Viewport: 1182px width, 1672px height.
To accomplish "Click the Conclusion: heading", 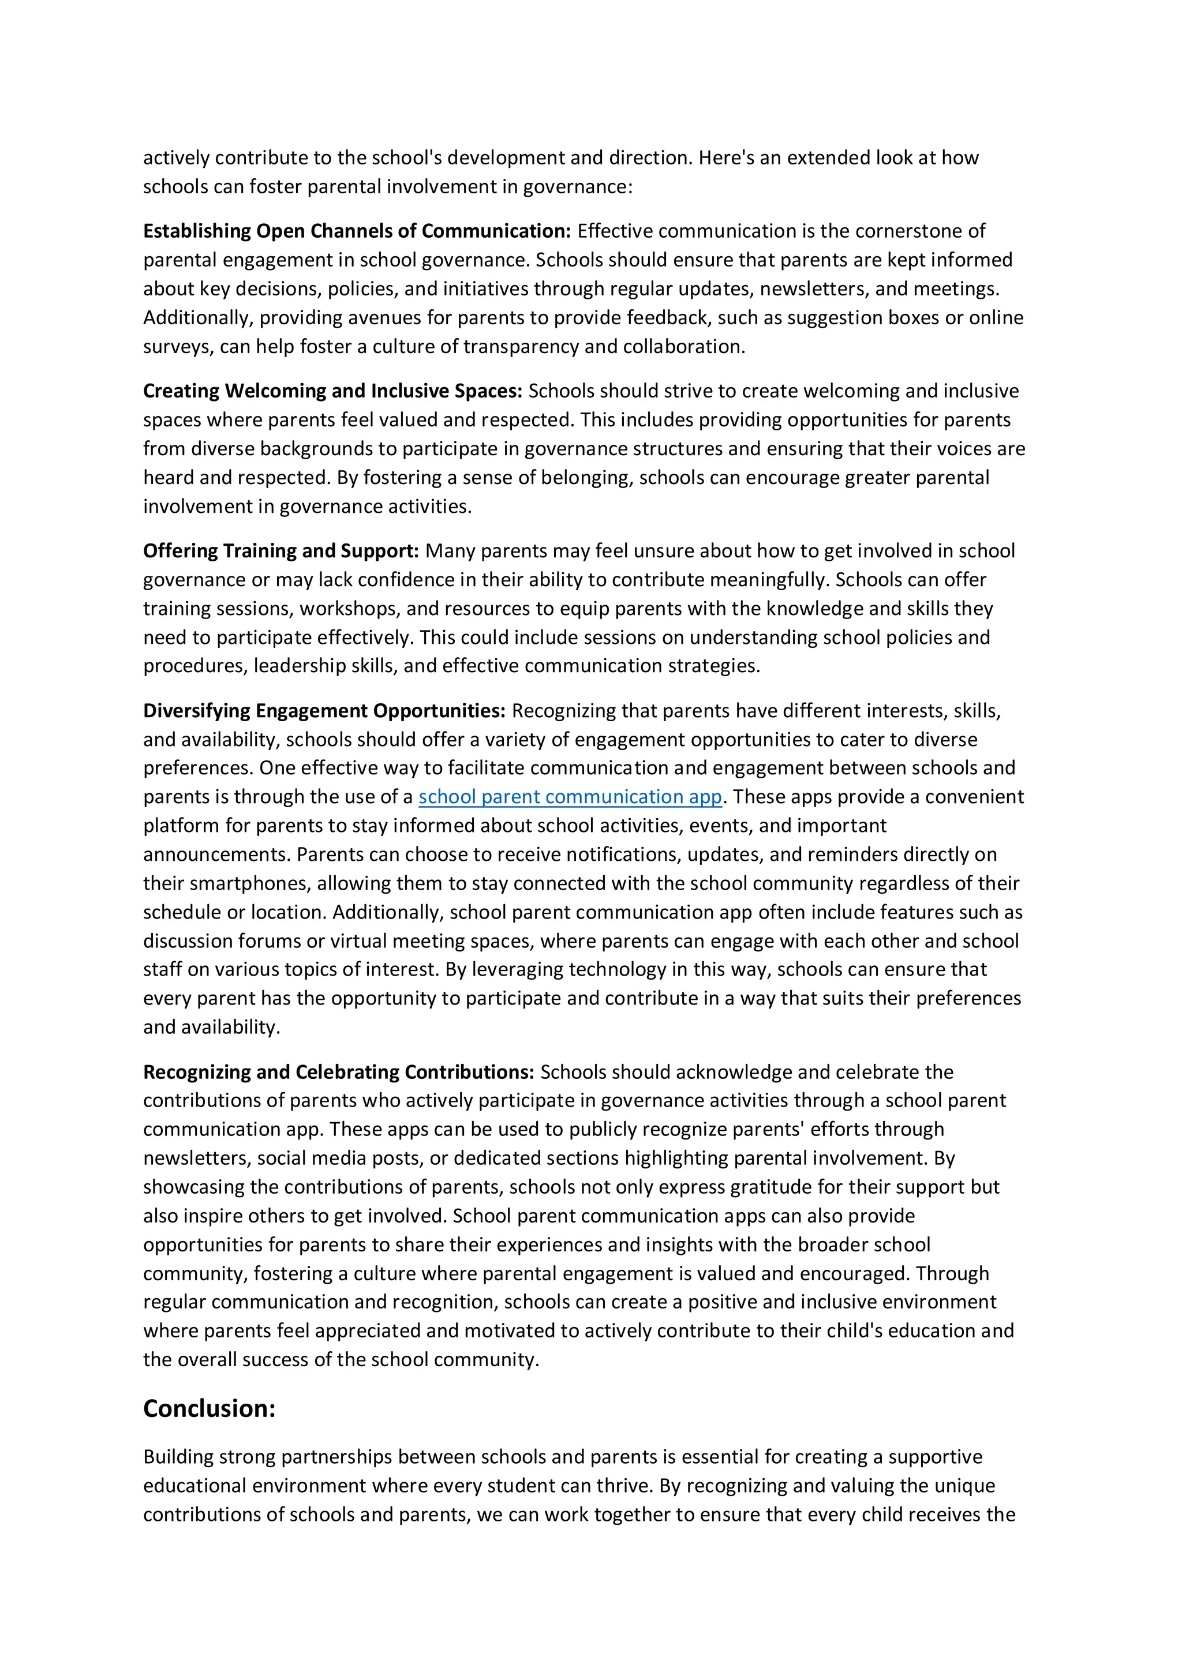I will click(x=209, y=1408).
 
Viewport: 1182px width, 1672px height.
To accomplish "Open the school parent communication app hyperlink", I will click(x=570, y=797).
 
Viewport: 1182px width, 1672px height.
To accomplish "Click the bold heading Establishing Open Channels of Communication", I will click(x=357, y=231).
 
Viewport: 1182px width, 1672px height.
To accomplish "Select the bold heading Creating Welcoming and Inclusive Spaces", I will click(x=332, y=391).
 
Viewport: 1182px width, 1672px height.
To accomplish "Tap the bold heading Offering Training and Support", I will click(x=280, y=550).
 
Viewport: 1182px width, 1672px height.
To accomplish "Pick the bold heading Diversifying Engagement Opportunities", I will click(x=324, y=711).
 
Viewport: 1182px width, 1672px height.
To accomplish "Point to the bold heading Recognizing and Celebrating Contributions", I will click(x=339, y=1072).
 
